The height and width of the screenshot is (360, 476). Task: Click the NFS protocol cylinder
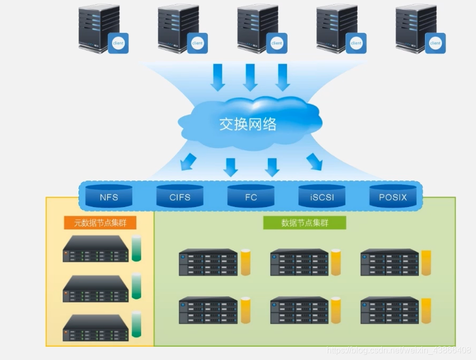(x=109, y=196)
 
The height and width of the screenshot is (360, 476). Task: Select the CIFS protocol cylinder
(x=180, y=196)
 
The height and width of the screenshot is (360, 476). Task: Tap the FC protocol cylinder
(x=251, y=196)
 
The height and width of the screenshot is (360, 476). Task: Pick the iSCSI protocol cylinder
(x=322, y=196)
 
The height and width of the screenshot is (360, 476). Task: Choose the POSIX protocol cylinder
(x=393, y=196)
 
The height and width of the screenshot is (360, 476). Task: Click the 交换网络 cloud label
(x=248, y=124)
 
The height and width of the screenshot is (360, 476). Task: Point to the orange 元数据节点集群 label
(x=96, y=222)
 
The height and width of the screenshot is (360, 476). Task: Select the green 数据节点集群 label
(x=305, y=222)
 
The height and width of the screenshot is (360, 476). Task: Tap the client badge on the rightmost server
(x=435, y=43)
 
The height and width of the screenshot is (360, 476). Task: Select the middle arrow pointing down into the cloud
(x=250, y=78)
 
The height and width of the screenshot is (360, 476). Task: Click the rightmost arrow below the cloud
(x=314, y=161)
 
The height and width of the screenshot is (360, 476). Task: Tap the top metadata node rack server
(x=96, y=249)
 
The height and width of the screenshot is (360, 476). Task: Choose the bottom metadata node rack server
(x=96, y=328)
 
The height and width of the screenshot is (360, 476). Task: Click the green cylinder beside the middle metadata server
(x=137, y=286)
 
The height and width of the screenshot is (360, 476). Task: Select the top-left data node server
(x=208, y=262)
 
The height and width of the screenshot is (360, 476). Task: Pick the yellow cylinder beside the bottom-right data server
(x=426, y=311)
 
